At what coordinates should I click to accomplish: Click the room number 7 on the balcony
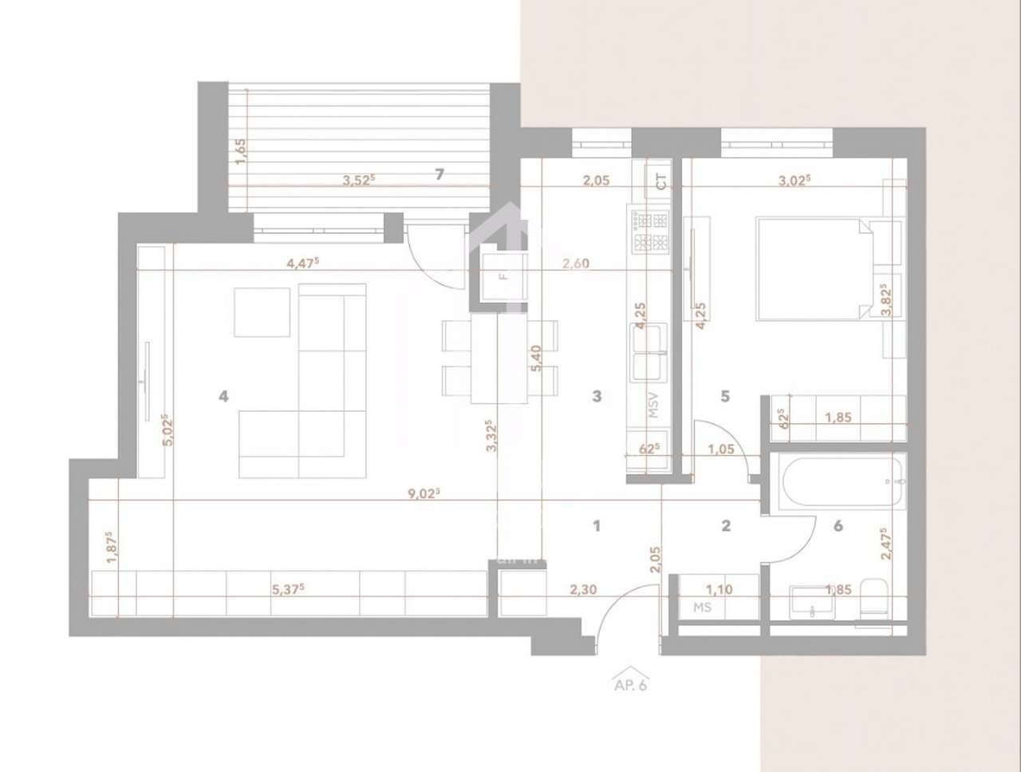(440, 174)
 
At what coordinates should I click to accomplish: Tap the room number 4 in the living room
(224, 395)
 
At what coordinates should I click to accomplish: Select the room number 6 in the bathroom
(838, 525)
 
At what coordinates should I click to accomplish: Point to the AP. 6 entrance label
(629, 684)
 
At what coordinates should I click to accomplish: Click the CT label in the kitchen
(661, 181)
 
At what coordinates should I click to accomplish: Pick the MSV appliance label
(654, 405)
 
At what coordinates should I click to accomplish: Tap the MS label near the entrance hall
(702, 608)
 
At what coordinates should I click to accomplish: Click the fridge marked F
(503, 277)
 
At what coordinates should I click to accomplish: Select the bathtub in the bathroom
(843, 481)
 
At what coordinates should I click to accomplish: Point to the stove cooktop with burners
(651, 230)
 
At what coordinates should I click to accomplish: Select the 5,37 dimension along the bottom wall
(289, 590)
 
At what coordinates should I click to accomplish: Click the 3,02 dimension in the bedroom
(794, 180)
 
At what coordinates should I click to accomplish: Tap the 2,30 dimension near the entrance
(584, 590)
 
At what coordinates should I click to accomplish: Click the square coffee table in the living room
(262, 312)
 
